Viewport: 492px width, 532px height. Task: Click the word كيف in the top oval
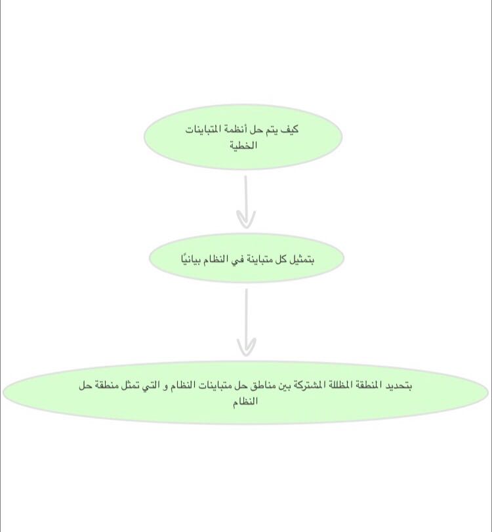pos(290,130)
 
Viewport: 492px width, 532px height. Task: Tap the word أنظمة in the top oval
pos(235,130)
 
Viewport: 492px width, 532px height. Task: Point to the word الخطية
pos(243,144)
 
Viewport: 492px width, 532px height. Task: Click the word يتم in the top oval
pos(272,130)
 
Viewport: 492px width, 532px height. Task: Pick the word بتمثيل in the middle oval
pos(300,259)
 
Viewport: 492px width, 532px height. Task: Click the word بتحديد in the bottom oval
pos(398,386)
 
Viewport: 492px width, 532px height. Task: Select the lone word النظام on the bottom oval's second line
pos(245,401)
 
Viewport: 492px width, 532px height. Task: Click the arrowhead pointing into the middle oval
pos(246,220)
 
